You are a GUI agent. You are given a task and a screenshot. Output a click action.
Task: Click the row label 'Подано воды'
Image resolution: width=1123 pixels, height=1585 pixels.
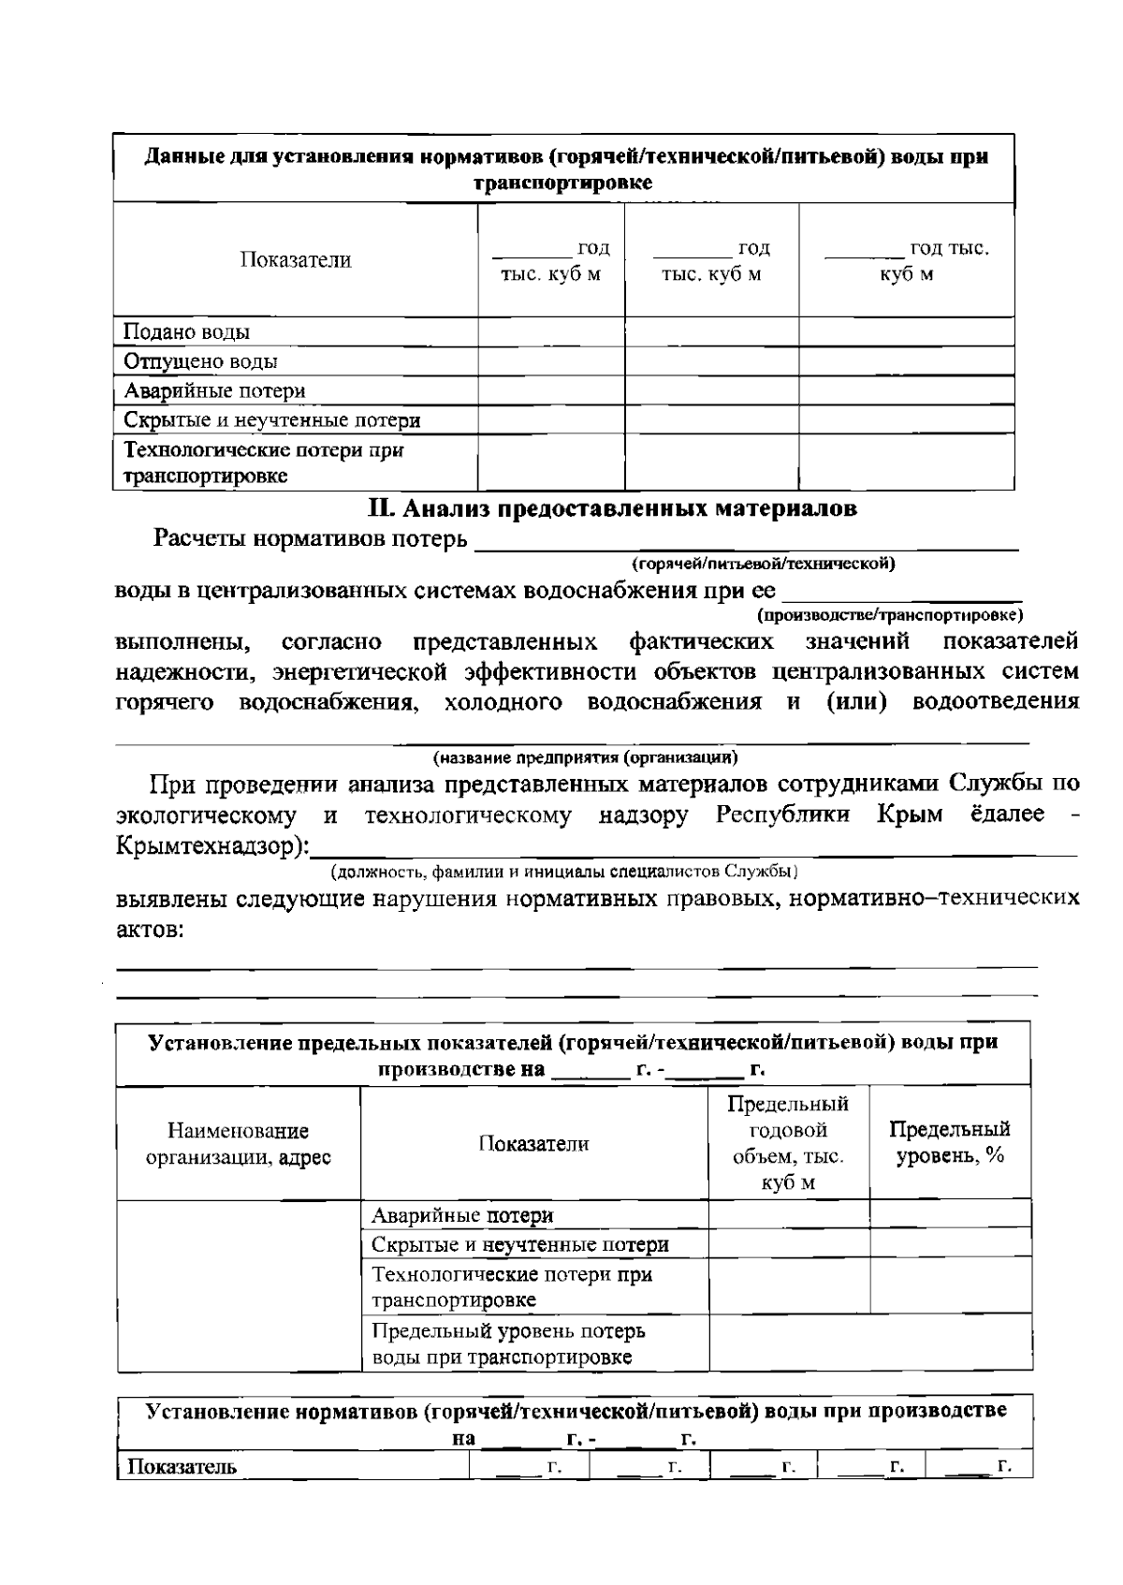click(x=186, y=332)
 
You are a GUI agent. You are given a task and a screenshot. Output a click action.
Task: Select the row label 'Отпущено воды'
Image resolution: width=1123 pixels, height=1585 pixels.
click(x=200, y=361)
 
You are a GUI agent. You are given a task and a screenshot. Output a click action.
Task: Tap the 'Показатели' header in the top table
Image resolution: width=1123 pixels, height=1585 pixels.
click(x=295, y=260)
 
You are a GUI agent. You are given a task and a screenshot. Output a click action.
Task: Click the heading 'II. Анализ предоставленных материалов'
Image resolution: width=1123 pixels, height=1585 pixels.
click(x=612, y=508)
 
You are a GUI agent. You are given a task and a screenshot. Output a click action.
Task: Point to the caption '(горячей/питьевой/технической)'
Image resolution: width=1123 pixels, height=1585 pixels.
click(x=764, y=564)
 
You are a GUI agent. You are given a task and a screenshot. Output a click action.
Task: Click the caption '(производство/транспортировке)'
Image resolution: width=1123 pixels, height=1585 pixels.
click(x=889, y=615)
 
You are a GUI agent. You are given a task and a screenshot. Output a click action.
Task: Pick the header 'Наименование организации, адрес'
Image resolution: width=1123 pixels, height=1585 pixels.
click(x=238, y=1144)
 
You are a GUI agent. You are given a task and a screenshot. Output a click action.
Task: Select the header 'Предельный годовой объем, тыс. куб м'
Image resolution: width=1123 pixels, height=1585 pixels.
click(x=788, y=1142)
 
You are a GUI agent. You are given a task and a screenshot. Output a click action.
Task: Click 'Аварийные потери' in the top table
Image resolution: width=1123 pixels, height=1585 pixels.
click(x=214, y=390)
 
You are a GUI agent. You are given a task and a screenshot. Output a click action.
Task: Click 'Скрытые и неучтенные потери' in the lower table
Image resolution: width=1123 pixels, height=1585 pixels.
click(x=519, y=1244)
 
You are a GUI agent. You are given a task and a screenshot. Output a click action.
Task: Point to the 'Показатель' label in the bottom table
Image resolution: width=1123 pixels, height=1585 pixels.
click(x=182, y=1466)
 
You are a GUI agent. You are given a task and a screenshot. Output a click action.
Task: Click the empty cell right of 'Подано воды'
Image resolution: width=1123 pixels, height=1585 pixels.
click(x=550, y=332)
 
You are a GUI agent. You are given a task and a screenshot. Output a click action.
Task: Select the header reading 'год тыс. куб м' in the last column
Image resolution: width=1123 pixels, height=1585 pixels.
click(x=906, y=261)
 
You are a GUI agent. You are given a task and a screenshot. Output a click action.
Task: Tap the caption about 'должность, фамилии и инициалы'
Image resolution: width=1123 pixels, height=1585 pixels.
click(x=563, y=872)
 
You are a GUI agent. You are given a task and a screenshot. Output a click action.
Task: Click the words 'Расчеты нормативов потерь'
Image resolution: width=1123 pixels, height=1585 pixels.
click(x=310, y=539)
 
